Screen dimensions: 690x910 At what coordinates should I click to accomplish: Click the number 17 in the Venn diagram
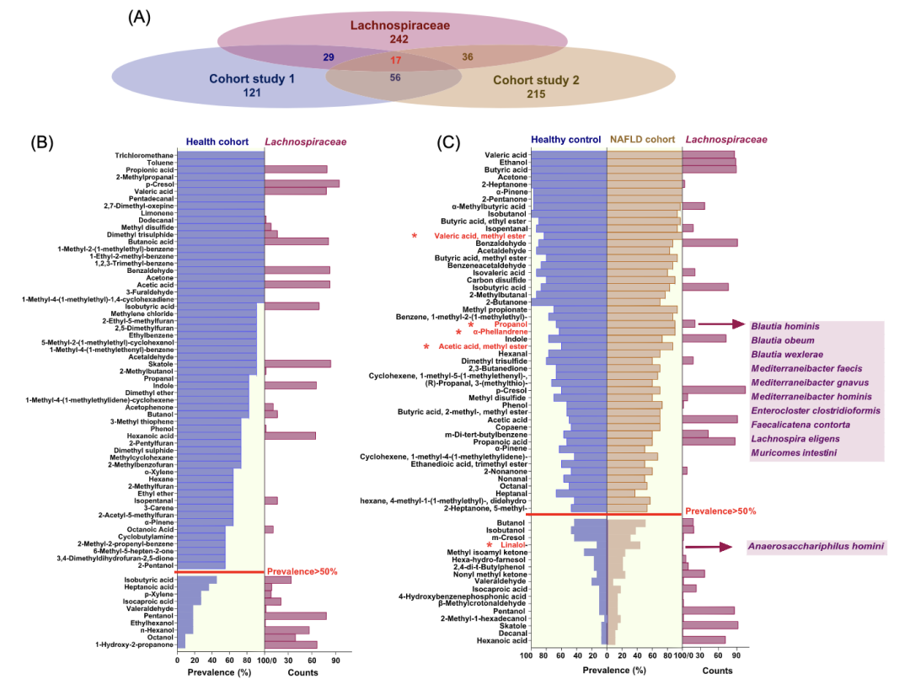(x=396, y=61)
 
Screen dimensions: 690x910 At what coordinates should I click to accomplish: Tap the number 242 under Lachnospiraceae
(x=399, y=40)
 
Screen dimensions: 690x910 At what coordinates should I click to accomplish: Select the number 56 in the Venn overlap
(x=394, y=78)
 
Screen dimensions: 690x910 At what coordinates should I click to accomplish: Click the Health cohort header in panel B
(x=217, y=142)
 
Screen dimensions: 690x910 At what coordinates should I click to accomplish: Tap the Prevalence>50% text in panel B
(x=302, y=571)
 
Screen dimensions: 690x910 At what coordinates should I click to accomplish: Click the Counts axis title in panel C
(x=718, y=670)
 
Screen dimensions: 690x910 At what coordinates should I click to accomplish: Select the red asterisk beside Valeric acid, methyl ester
(x=415, y=236)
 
